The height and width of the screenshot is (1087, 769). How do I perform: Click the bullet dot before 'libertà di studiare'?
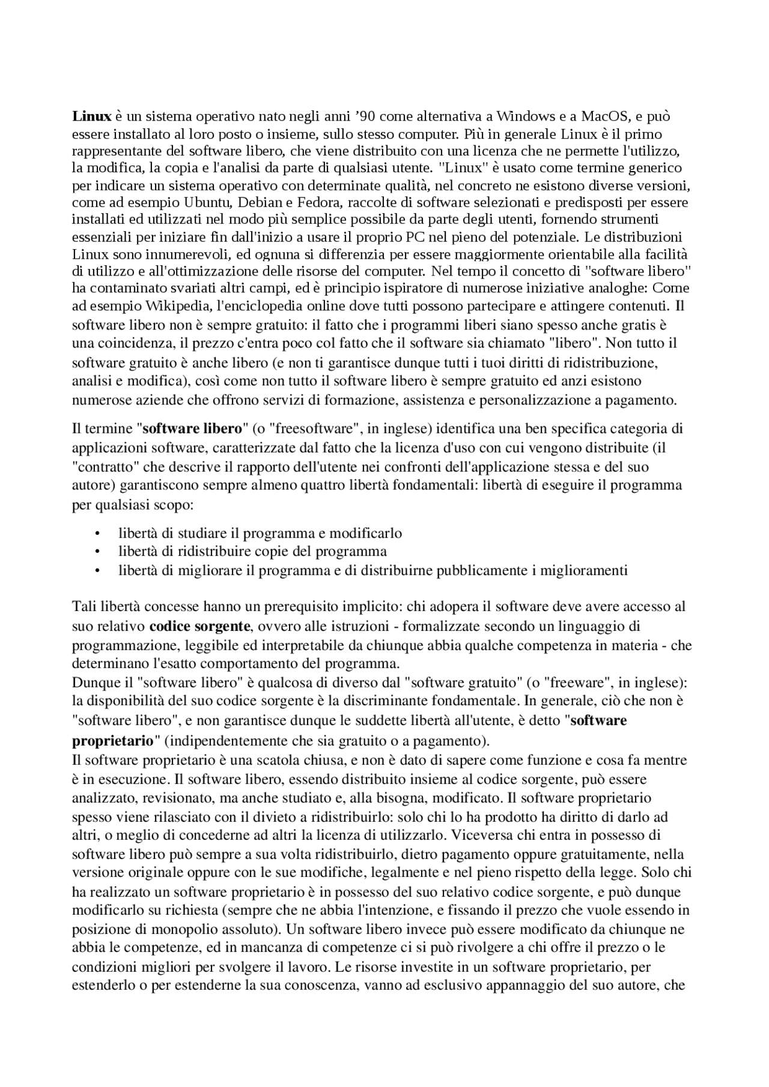point(97,533)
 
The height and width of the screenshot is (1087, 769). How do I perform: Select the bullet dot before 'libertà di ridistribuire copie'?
point(97,551)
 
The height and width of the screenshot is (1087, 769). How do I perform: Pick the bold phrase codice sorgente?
point(199,626)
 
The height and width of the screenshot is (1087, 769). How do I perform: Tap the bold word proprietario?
point(112,739)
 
